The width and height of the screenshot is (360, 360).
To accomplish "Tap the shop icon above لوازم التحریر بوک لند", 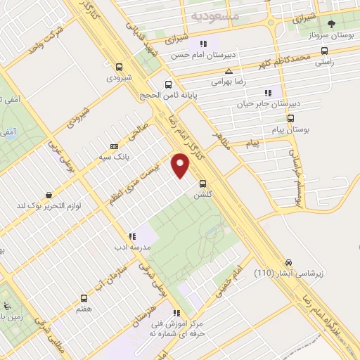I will [49, 194].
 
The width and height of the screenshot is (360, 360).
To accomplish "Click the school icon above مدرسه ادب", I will [131, 237].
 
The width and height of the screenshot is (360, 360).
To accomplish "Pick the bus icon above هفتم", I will [84, 299].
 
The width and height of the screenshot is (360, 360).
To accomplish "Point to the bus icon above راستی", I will [323, 51].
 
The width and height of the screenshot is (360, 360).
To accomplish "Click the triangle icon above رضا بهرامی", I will [229, 71].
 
